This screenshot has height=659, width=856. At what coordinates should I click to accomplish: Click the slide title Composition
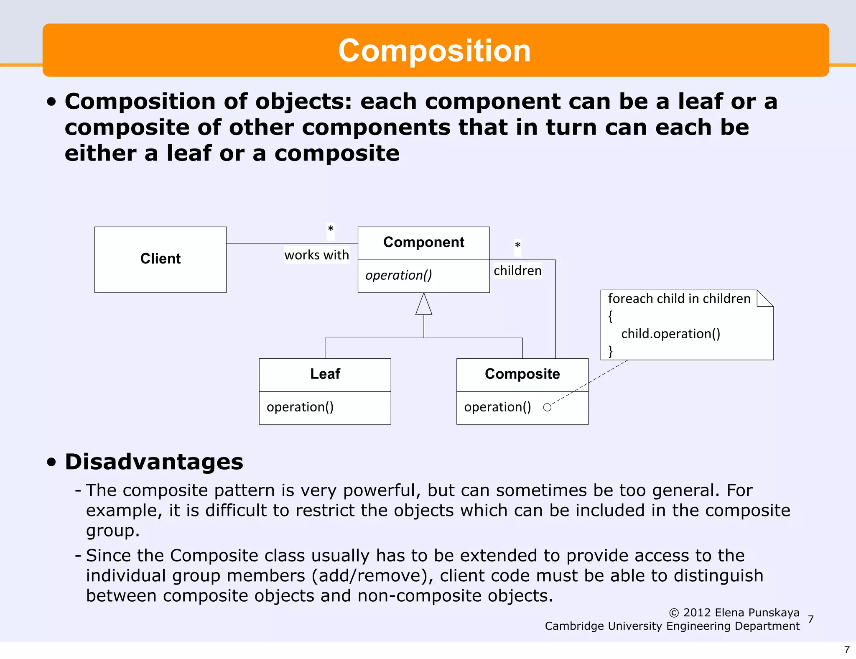point(434,51)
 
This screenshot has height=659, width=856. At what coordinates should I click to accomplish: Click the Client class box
point(160,259)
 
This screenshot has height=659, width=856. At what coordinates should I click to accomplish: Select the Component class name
point(423,243)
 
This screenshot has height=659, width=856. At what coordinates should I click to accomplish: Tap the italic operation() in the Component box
point(398,275)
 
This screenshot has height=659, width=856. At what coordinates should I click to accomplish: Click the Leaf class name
point(325,374)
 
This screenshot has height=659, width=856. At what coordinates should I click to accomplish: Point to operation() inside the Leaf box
point(300,407)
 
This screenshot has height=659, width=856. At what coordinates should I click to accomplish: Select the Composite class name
point(522,374)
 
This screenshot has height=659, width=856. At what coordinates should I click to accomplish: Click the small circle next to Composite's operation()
point(547,407)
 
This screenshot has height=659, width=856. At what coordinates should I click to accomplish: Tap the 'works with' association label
point(316,255)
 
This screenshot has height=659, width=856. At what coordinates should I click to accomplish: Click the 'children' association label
point(517,271)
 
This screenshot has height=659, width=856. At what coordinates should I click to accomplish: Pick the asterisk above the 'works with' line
point(331,229)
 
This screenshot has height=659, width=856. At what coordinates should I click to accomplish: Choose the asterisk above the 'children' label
point(517,245)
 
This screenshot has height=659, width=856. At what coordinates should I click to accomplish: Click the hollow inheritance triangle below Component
point(423,305)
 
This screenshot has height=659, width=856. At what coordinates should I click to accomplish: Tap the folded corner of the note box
point(765,298)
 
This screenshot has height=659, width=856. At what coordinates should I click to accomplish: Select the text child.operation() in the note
point(670,334)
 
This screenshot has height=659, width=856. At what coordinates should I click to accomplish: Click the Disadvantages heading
point(154,462)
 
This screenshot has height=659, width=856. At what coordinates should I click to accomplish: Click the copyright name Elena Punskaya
point(757,613)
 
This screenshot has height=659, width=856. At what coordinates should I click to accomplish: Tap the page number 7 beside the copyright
point(811,619)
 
